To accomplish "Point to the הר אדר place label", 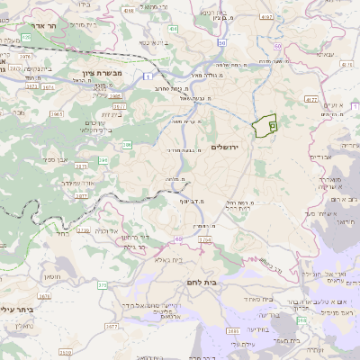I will click(38, 27).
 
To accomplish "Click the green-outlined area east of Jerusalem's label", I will click(264, 126).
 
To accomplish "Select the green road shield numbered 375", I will click(103, 284).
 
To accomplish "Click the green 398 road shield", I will click(303, 319).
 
